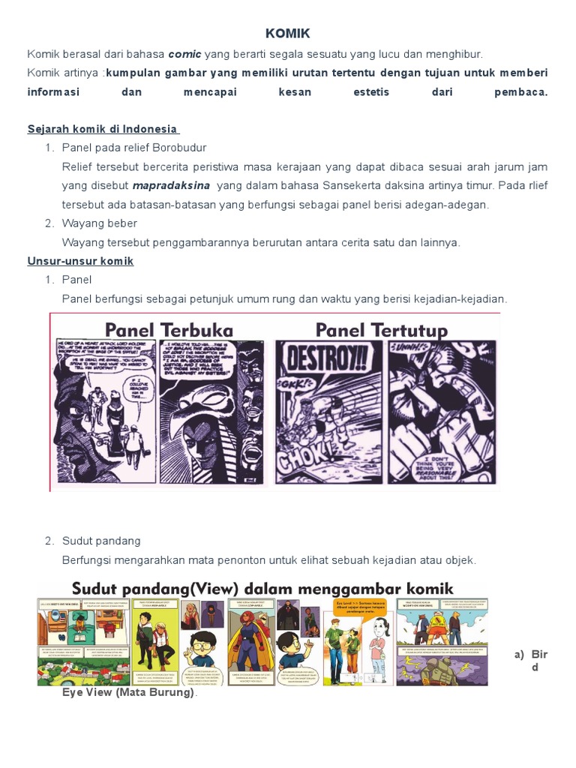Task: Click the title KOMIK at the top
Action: tap(287, 34)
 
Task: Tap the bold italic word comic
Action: tap(184, 54)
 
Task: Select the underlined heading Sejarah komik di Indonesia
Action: tap(102, 129)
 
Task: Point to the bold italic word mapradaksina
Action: tap(171, 185)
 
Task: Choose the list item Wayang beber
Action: tap(100, 223)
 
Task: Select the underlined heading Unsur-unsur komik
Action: tap(80, 261)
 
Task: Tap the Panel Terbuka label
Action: tap(169, 330)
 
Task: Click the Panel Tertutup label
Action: tap(381, 330)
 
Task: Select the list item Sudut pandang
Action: tap(101, 541)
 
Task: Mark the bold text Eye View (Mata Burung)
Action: tap(129, 692)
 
